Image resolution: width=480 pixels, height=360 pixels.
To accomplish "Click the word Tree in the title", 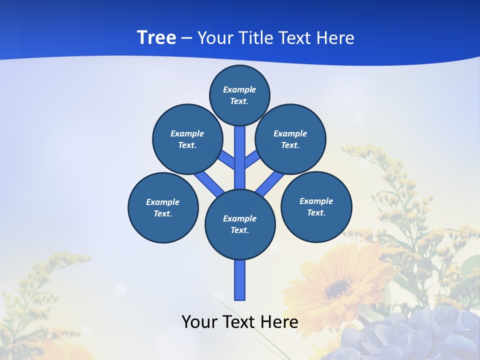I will pos(156,37).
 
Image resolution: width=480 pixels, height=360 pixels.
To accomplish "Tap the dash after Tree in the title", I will pos(187,38).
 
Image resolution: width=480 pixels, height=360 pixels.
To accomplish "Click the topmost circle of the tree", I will pos(239,95).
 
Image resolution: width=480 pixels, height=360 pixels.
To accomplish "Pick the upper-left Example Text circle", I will pos(187,139).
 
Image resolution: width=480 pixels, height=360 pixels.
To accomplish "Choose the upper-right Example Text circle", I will pos(290,139).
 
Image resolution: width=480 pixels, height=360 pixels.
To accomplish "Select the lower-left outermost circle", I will pos(163,207).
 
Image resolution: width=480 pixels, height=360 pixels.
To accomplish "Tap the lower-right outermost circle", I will pos(316,206).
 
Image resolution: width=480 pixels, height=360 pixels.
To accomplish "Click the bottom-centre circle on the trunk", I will pos(240,224).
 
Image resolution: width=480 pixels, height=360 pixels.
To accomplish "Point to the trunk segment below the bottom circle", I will pos(240,280).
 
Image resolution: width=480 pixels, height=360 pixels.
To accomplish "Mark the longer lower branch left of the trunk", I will pos(209,184).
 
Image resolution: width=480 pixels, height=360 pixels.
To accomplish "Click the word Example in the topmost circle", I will pos(239,89).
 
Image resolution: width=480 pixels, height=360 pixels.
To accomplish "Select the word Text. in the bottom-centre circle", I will pos(240,230).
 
